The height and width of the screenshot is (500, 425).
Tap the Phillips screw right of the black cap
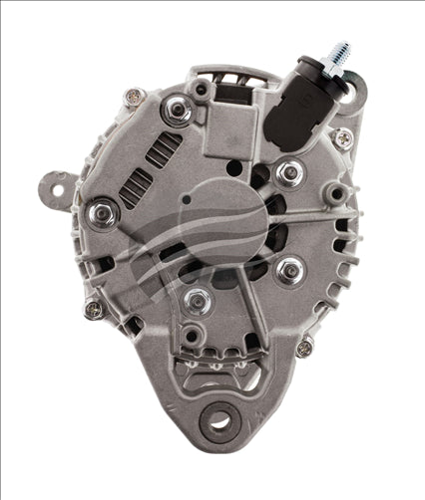(342, 137)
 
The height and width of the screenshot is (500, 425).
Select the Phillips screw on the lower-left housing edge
(93, 310)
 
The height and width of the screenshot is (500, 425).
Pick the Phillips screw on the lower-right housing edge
(304, 348)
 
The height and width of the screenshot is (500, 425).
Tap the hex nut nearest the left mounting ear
(100, 212)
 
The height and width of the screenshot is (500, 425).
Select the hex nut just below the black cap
(289, 173)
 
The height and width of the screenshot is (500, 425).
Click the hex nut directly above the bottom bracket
(199, 300)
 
